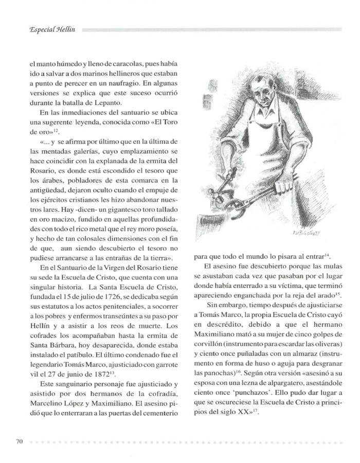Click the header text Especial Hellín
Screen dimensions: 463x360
point(45,29)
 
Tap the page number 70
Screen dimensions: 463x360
point(20,441)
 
